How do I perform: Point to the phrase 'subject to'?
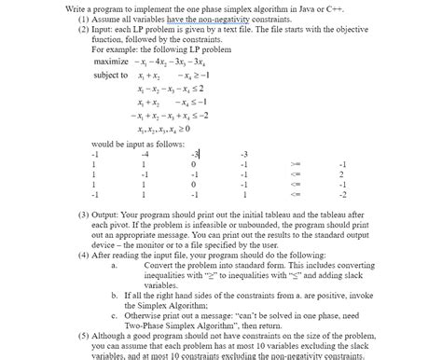click(112, 76)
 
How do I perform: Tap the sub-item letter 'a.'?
click(114, 265)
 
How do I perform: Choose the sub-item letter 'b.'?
click(114, 295)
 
